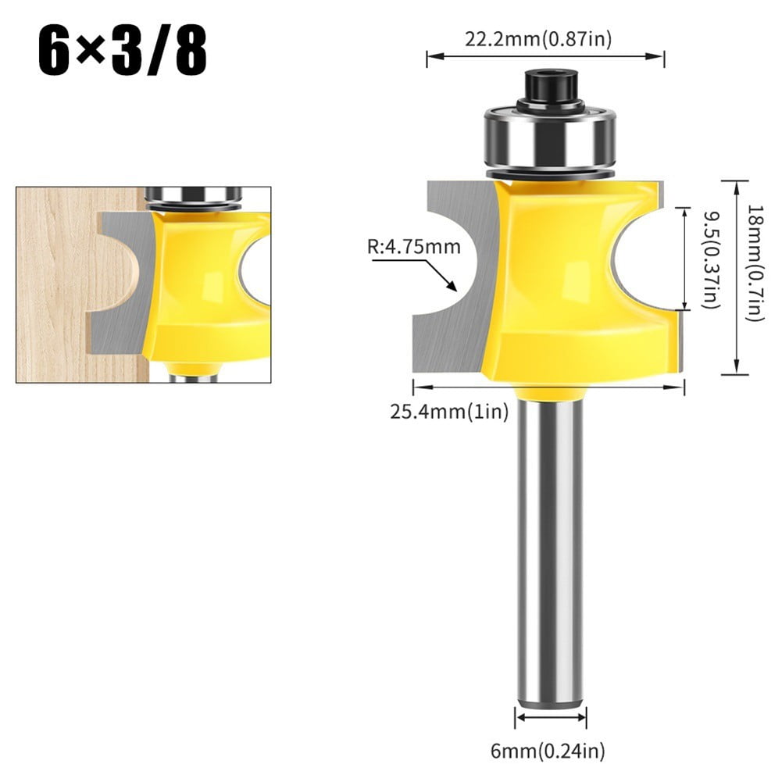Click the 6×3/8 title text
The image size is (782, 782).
123,51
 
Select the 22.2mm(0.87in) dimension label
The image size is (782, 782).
545,39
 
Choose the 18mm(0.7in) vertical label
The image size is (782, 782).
755,262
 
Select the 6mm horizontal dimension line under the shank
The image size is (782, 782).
551,716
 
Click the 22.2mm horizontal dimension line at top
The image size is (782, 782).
545,56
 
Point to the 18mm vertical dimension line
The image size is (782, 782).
736,277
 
